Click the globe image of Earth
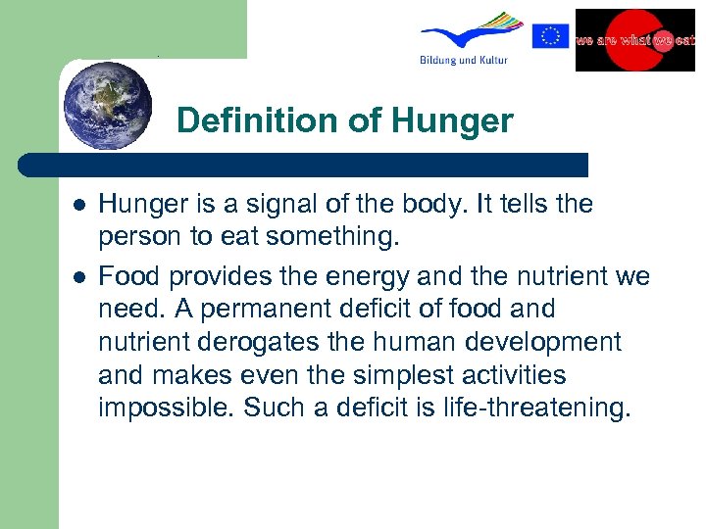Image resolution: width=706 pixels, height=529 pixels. [107, 105]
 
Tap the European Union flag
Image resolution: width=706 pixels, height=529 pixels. [550, 36]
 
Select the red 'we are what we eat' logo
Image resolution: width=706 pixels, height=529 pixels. [633, 40]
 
